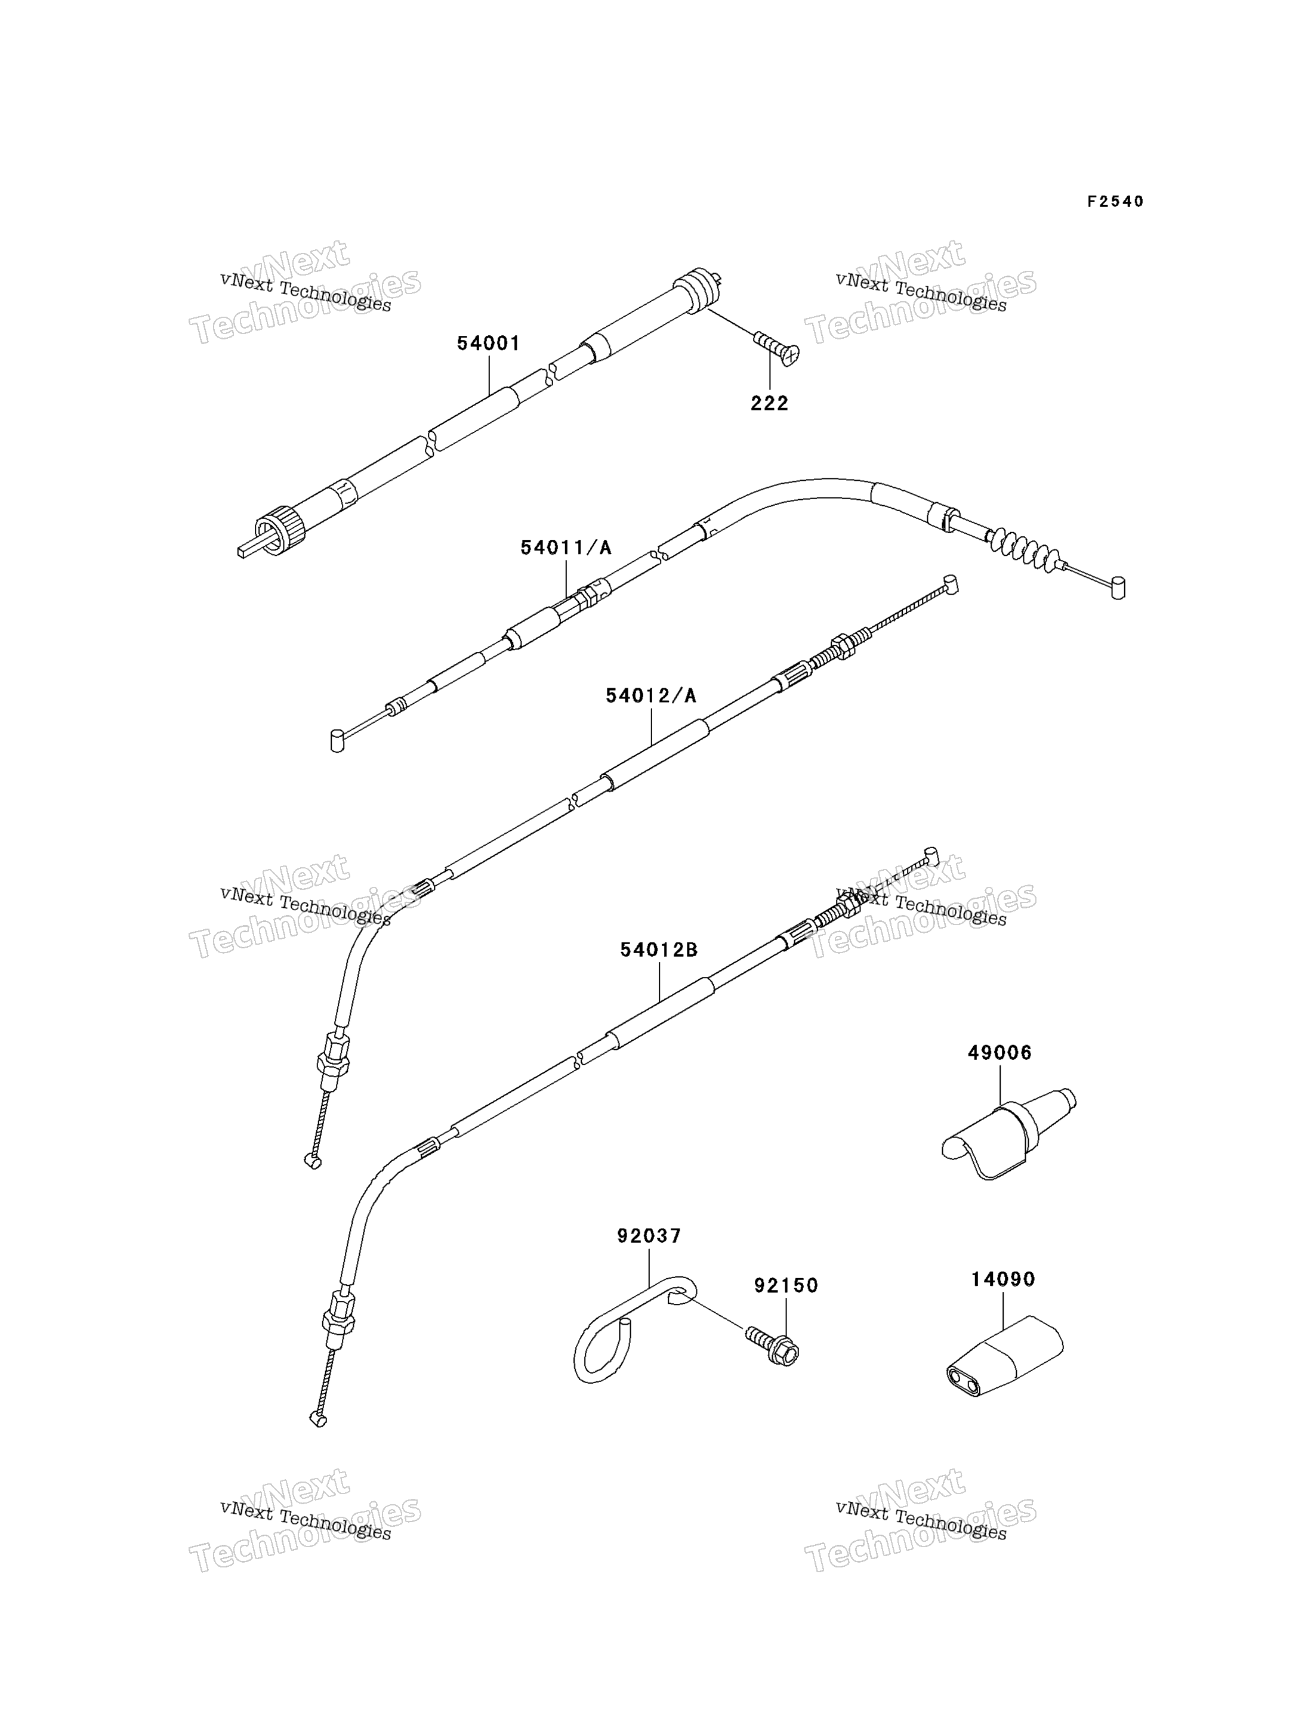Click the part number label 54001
click(x=488, y=343)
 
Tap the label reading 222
click(x=769, y=403)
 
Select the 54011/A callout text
click(x=566, y=548)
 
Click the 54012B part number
click(x=659, y=950)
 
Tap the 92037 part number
click(x=649, y=1236)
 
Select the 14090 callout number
click(x=1003, y=1279)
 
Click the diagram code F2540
click(x=1116, y=202)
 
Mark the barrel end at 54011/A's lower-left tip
click(x=337, y=740)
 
